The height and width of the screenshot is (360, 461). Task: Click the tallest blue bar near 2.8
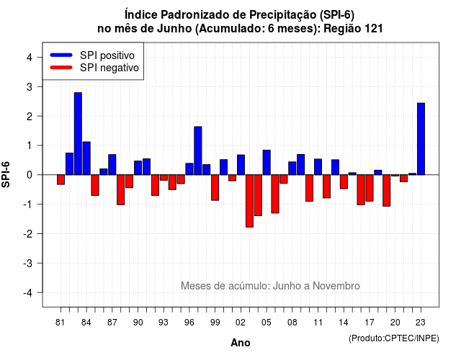78,134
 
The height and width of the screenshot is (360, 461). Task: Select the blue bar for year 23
421,139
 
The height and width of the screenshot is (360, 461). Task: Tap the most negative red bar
249,201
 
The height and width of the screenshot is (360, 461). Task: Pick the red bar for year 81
61,179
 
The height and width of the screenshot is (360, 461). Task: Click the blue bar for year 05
267,163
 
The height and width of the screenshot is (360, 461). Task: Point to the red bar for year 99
215,187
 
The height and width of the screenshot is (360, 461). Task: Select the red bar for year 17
370,188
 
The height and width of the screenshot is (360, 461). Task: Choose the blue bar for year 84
86,158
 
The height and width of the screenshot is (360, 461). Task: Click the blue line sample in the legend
61,55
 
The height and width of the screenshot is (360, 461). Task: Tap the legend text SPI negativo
109,68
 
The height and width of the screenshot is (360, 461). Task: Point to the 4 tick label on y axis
30,58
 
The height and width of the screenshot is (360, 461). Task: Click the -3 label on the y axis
28,264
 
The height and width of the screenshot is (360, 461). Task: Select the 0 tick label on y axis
30,175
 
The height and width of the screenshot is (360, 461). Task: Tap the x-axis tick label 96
189,323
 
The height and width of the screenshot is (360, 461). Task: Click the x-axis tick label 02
241,323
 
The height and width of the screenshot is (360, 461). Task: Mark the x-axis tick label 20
395,323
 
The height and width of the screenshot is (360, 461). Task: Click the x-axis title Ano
241,343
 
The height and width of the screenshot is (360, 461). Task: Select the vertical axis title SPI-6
6,174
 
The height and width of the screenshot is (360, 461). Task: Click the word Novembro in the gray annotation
336,286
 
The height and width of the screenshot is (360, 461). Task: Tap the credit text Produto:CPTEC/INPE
394,338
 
